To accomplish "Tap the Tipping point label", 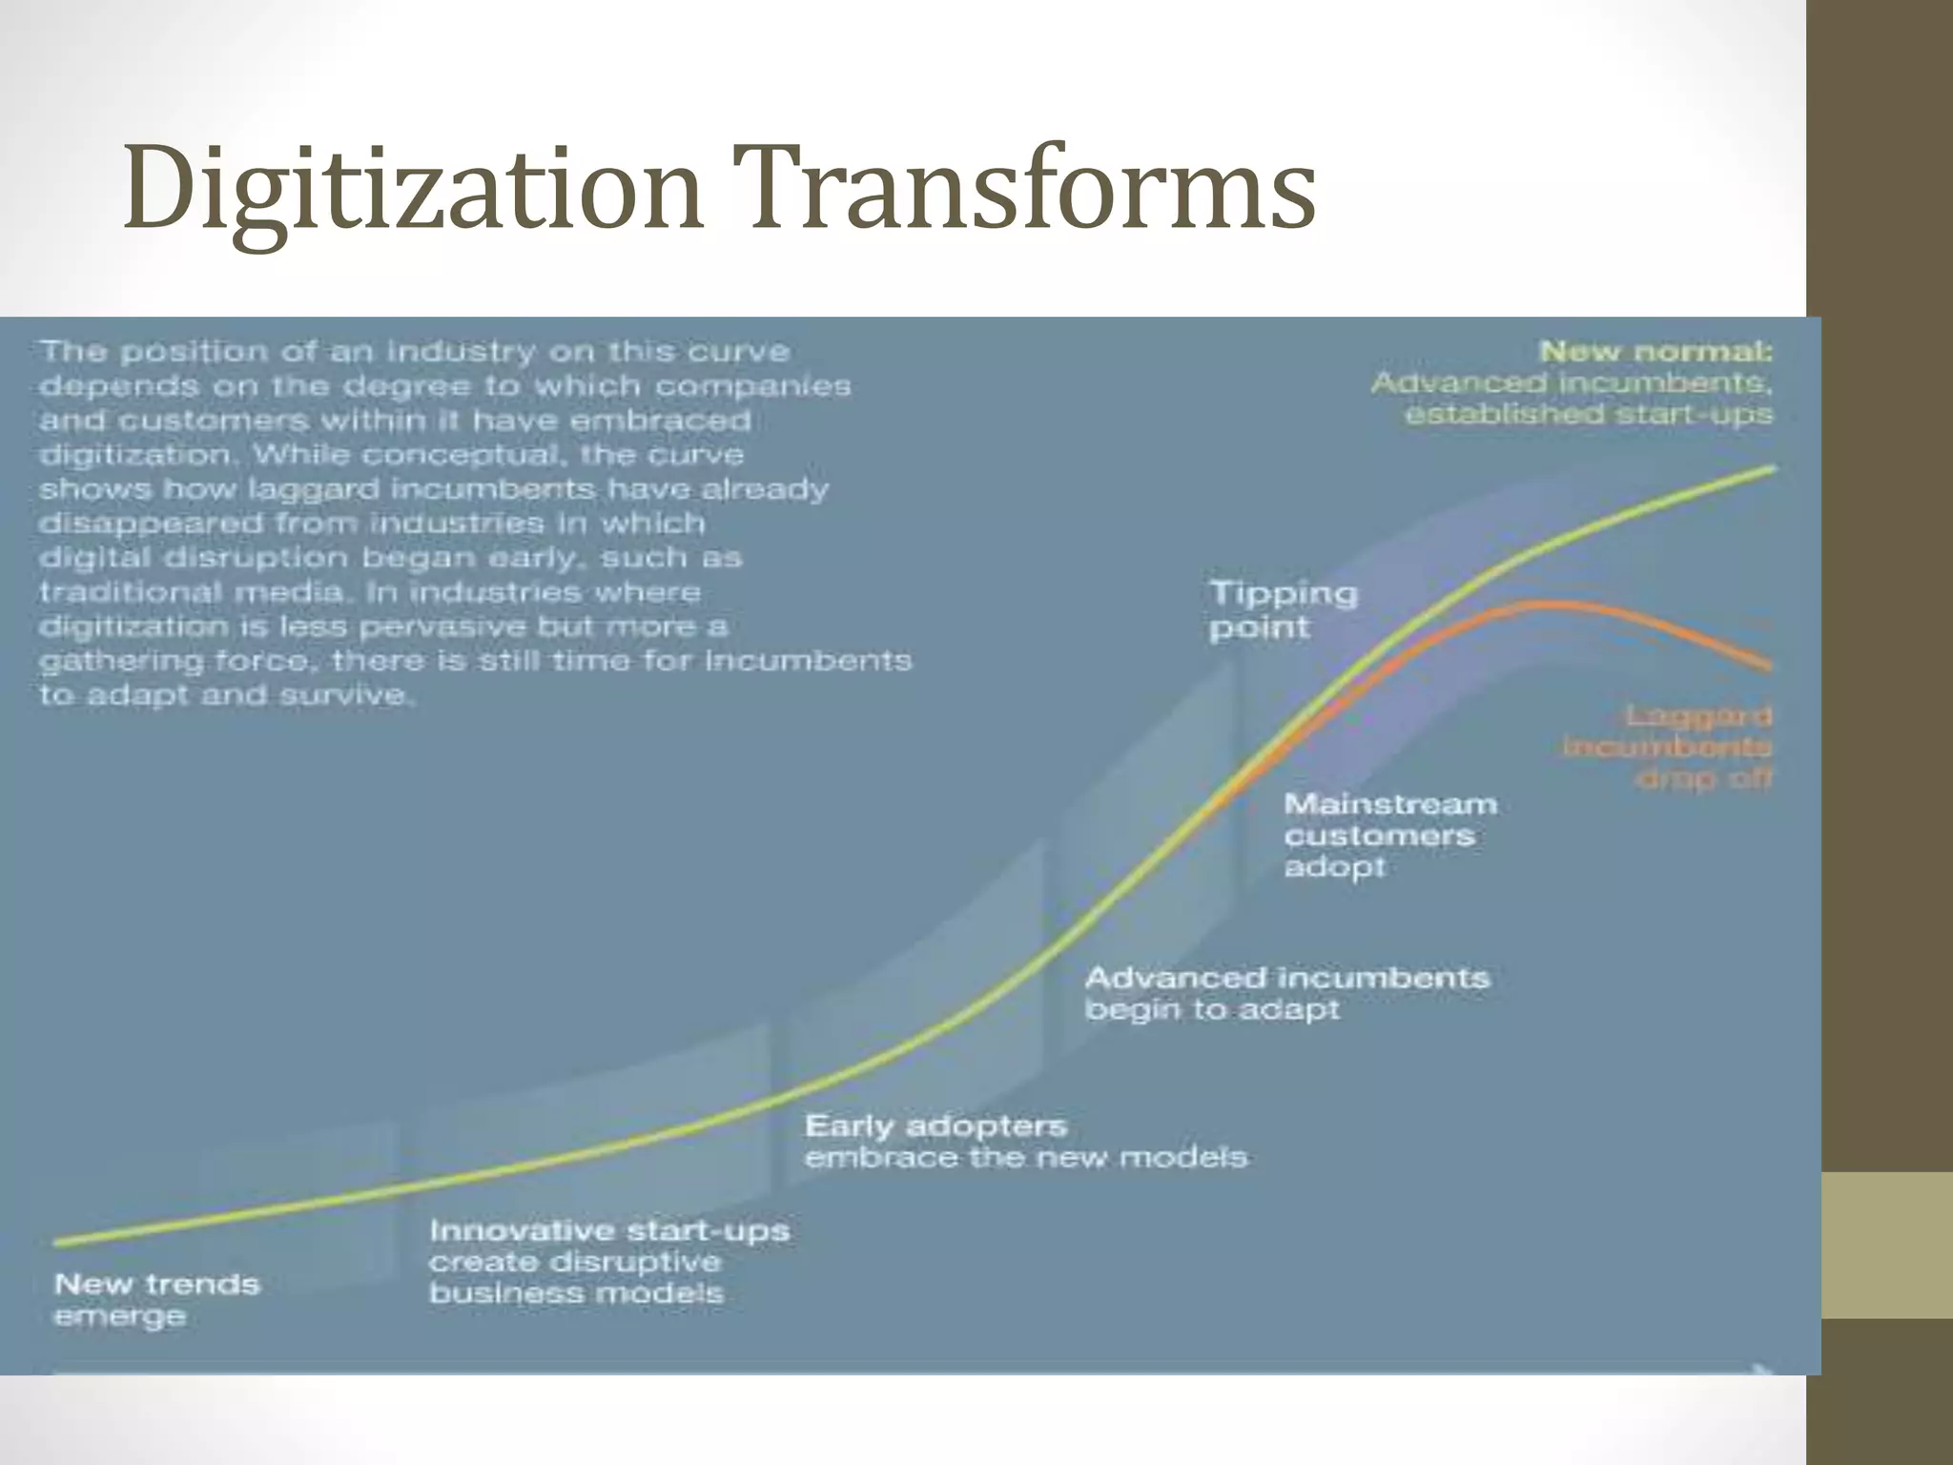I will coord(1284,610).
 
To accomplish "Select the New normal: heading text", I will coord(1655,352).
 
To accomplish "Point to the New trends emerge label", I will coord(156,1299).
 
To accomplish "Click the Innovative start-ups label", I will coord(609,1230).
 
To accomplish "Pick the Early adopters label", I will coord(935,1126).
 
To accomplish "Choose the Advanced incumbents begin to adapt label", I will coord(1286,993).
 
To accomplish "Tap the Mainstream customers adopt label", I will coord(1389,836).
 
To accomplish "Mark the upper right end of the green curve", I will coord(1773,468).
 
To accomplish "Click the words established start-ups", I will coord(1588,415).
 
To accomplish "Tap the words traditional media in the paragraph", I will coord(191,592).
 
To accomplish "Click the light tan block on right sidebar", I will coord(1886,1245).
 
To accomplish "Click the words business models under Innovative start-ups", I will coord(576,1294).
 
